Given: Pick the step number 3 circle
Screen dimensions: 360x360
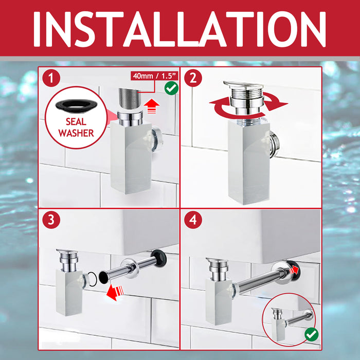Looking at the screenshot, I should click(51, 221).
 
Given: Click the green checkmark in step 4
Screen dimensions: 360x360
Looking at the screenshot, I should click(311, 334).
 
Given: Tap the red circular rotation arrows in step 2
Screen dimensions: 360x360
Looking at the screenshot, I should click(248, 105).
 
